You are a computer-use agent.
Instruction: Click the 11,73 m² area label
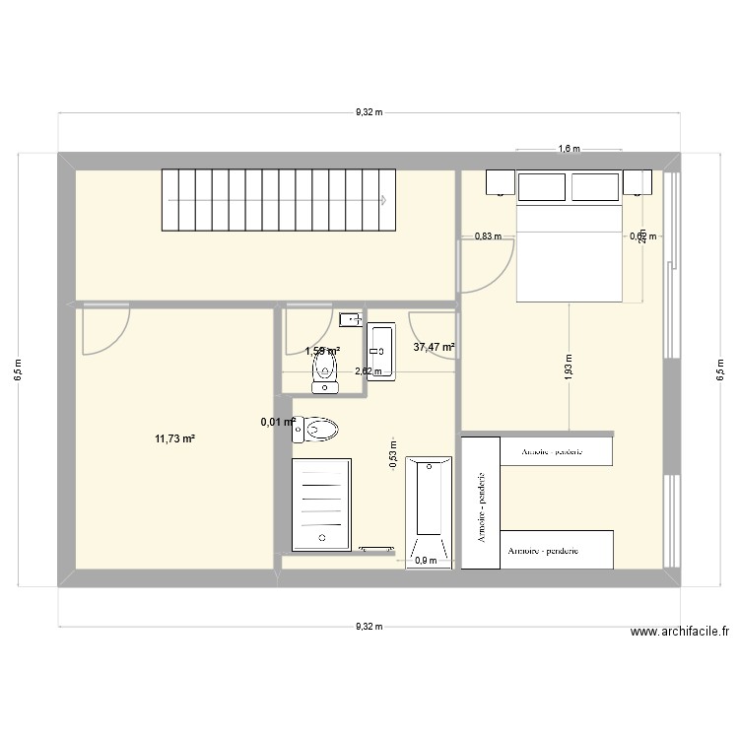click(x=174, y=438)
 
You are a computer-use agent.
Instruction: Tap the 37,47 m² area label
click(x=434, y=347)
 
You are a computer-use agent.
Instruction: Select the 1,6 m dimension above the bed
click(x=569, y=150)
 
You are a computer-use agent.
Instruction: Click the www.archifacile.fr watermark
click(x=679, y=633)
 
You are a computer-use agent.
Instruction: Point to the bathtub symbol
click(x=429, y=510)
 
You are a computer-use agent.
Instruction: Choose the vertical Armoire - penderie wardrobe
click(x=481, y=502)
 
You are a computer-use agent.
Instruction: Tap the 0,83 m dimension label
click(x=488, y=235)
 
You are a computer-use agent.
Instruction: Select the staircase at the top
click(x=276, y=199)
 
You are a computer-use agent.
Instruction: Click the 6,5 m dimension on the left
click(x=18, y=369)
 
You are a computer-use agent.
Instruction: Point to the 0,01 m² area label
click(x=278, y=422)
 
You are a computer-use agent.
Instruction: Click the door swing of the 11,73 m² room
click(x=104, y=330)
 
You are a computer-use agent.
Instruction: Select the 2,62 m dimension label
click(x=368, y=372)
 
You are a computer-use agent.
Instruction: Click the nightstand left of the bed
click(x=499, y=183)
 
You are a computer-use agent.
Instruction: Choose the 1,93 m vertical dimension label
click(x=569, y=366)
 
